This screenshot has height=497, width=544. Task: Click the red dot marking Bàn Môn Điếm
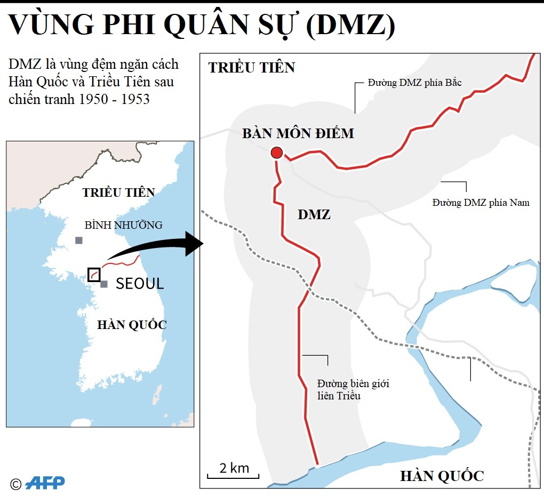(x=276, y=153)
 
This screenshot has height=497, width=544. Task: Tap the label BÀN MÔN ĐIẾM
(x=298, y=133)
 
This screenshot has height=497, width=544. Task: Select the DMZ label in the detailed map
(x=314, y=215)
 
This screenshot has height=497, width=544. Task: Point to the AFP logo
(x=45, y=483)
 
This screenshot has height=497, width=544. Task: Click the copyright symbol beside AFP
(x=15, y=484)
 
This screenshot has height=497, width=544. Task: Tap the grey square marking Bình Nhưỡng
(x=79, y=241)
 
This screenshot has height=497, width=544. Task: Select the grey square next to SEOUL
(x=104, y=284)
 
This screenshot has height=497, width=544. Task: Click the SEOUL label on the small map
(x=139, y=284)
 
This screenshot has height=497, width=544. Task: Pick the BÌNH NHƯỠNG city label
(x=123, y=225)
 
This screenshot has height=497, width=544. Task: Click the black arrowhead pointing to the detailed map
(x=193, y=244)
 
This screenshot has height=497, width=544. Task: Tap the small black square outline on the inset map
(x=93, y=274)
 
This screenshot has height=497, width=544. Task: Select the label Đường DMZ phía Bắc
(x=414, y=83)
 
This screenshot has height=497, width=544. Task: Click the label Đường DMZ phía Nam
(x=481, y=203)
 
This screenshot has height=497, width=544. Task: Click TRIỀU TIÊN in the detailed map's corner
(x=251, y=68)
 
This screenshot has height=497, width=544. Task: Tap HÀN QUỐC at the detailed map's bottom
(x=442, y=476)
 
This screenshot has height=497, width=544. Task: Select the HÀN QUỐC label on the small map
(x=132, y=324)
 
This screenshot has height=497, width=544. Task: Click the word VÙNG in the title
(x=47, y=25)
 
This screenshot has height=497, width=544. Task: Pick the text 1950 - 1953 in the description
(x=114, y=100)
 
